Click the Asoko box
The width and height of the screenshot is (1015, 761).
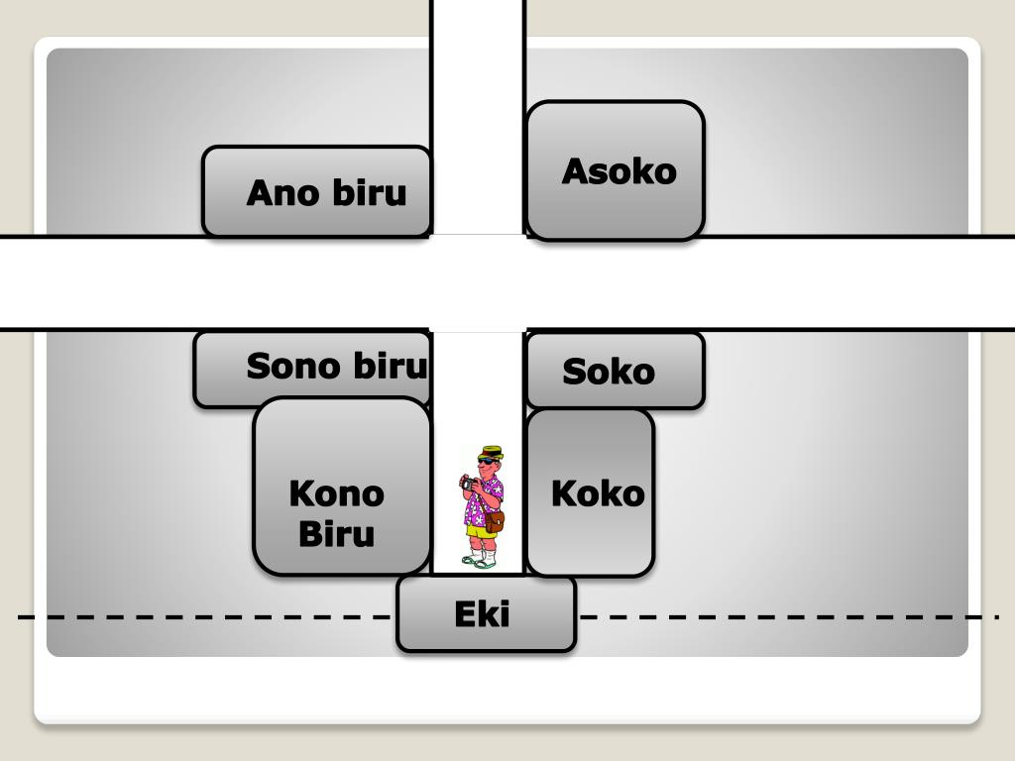(616, 170)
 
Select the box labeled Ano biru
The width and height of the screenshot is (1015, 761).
(317, 191)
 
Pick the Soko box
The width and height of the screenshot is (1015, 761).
(616, 372)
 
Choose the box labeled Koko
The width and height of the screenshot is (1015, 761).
(591, 492)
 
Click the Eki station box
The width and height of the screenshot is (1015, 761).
(486, 614)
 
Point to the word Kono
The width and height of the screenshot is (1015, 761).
(336, 492)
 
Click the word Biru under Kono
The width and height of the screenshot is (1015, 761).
(336, 534)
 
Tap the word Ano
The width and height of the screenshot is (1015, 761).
(280, 192)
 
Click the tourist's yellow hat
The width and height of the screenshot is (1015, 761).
(490, 453)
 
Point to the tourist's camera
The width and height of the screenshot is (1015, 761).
(469, 483)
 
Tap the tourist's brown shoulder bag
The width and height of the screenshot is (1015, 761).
(495, 521)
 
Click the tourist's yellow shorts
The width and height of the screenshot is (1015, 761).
(482, 531)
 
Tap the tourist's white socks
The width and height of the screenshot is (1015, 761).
(481, 550)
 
